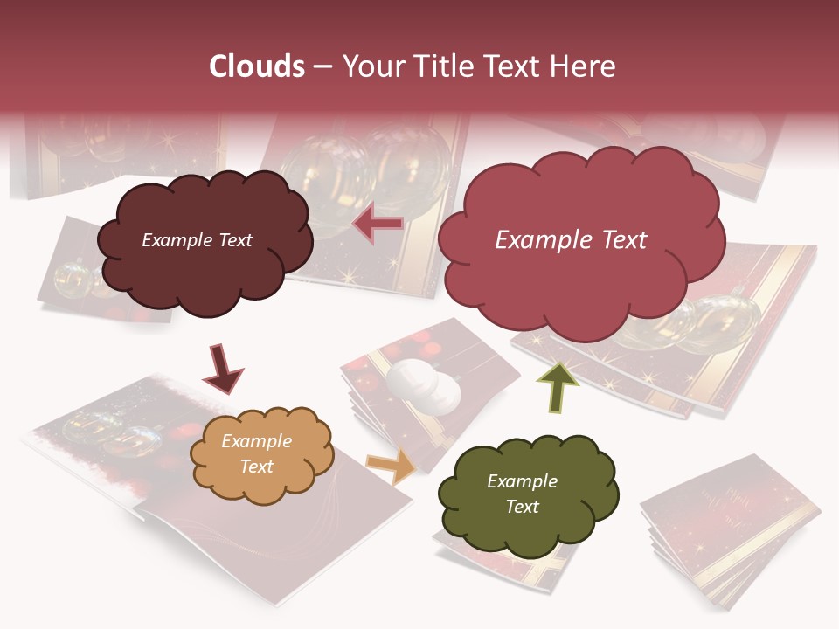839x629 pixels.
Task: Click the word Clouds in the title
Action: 257,66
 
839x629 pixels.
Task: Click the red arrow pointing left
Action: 378,225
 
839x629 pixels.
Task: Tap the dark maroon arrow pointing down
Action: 222,369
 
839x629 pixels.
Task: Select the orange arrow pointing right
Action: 392,466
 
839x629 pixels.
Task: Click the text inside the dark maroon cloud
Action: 197,240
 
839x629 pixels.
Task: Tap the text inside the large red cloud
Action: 571,239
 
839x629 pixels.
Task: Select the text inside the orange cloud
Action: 256,453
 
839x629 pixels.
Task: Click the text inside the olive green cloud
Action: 522,494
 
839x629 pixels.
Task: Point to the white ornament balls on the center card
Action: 424,385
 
